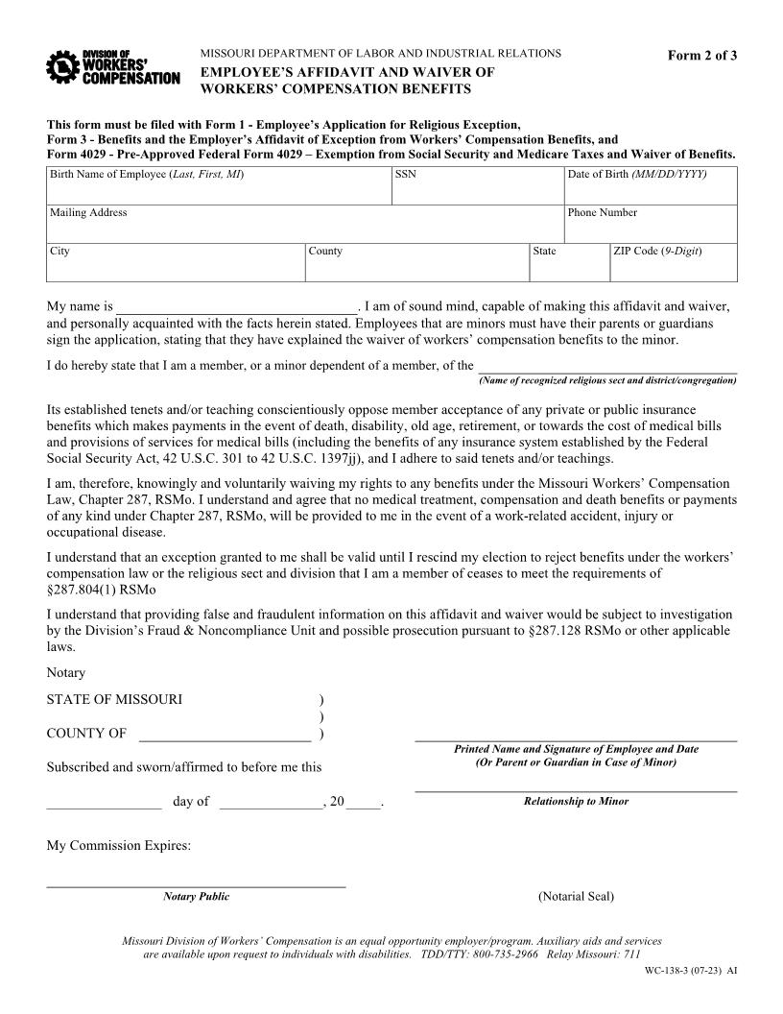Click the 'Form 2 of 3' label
pos(702,55)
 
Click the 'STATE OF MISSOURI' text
pos(114,699)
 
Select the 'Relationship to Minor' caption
pos(576,801)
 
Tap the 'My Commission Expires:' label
pos(119,846)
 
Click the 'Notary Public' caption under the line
pos(197,897)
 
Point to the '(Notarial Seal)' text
pos(576,897)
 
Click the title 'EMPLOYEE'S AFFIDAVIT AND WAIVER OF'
pos(347,72)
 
